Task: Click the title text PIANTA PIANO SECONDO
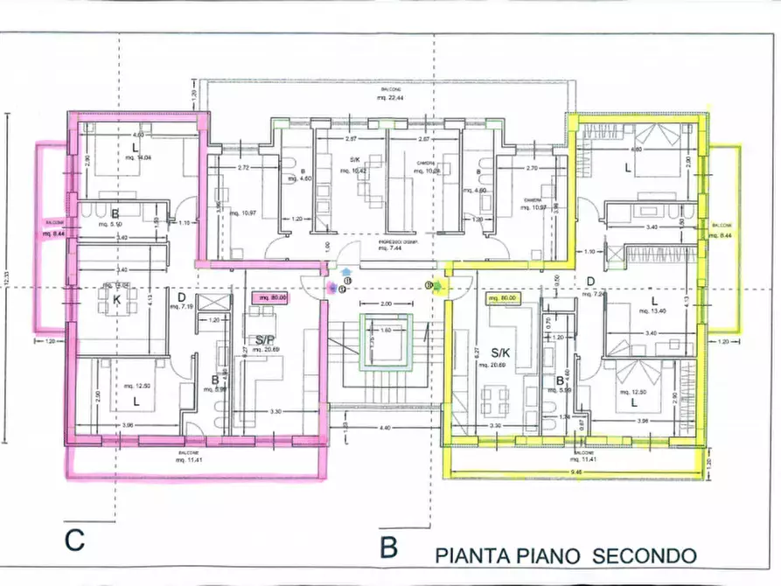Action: [x=566, y=555]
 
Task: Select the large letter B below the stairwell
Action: [x=389, y=548]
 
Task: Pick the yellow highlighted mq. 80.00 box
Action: [x=503, y=297]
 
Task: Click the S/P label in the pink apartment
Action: [x=264, y=340]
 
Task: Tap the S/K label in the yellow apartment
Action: [x=501, y=353]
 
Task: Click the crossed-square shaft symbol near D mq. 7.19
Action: [x=212, y=303]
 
